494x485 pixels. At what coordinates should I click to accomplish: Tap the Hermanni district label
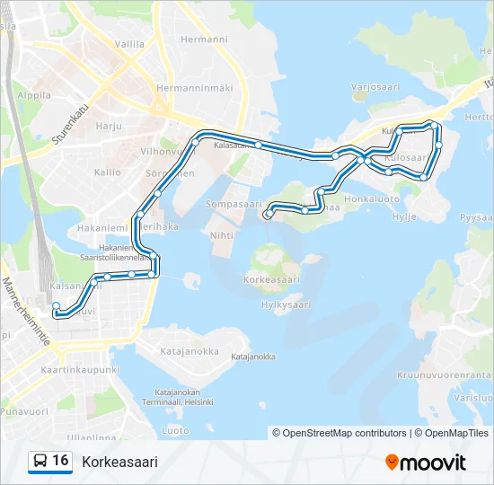(x=204, y=40)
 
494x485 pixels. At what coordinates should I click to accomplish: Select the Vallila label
(x=129, y=43)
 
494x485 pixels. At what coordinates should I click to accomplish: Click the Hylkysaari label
(x=285, y=305)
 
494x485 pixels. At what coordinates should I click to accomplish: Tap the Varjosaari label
(x=375, y=87)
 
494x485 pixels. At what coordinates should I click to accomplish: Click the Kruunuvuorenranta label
(x=456, y=374)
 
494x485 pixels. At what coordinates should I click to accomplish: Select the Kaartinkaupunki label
(x=80, y=370)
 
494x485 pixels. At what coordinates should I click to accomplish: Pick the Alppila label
(x=33, y=94)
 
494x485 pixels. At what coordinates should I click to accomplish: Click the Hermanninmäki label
(x=194, y=88)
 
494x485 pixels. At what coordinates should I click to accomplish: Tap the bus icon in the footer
(x=40, y=462)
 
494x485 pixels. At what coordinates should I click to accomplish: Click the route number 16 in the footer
(x=60, y=461)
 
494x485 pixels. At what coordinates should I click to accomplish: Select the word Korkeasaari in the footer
(x=119, y=462)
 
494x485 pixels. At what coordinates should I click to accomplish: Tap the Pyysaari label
(x=476, y=217)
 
